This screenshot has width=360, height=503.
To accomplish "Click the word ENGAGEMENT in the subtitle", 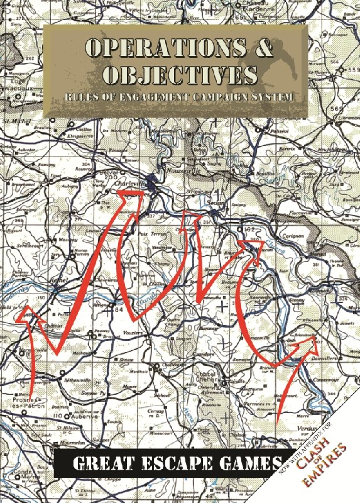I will click(x=146, y=97).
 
